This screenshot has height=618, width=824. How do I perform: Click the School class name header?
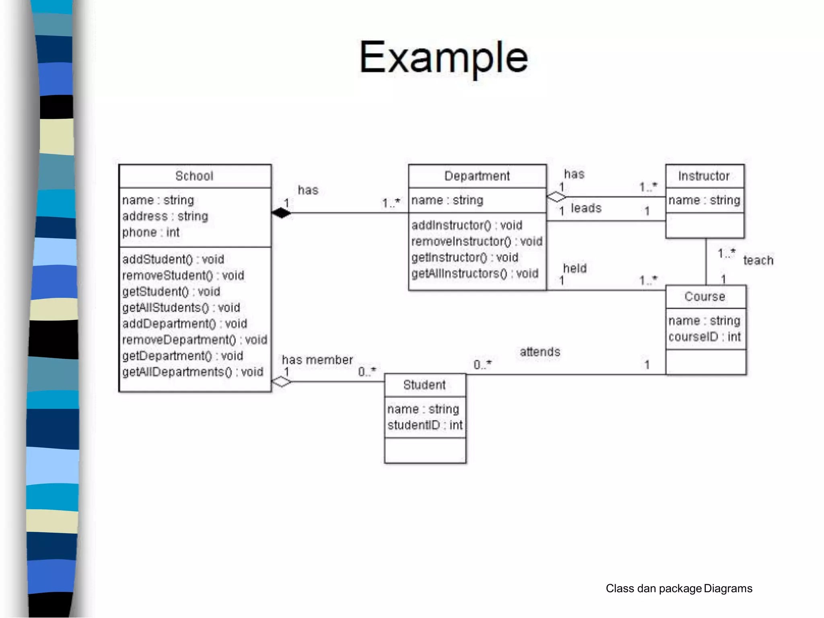194,176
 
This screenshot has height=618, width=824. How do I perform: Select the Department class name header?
477,176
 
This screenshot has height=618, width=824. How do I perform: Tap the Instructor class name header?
704,176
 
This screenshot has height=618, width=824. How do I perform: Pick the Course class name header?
705,297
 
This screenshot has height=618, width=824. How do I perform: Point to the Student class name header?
424,385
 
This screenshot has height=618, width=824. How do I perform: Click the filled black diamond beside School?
281,213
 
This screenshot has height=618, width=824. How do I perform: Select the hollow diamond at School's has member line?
281,381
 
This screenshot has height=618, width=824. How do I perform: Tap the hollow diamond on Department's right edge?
556,197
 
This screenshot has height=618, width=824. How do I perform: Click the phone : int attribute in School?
151,232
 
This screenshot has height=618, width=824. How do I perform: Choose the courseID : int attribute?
704,337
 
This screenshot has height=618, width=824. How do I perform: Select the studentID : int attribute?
425,425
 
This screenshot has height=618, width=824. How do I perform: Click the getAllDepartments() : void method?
193,372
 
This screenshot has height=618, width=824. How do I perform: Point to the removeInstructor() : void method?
477,241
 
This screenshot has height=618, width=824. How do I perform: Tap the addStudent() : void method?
173,259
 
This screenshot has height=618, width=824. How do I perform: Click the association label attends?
540,352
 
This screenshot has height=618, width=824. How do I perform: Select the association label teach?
758,260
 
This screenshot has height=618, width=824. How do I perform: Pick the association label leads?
586,208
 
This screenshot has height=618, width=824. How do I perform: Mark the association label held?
575,268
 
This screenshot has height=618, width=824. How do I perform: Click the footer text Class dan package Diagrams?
679,589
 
